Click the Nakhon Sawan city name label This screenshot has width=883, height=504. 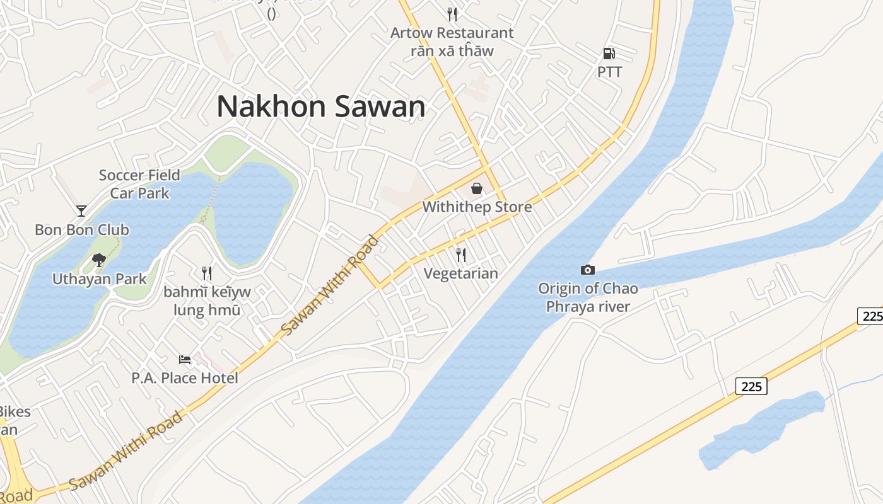point(321,106)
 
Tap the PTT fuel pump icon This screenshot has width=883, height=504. point(609,54)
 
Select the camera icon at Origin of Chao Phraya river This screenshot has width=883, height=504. point(588,270)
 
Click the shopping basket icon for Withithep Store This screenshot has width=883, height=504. point(477,188)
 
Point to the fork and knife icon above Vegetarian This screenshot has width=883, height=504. point(461,255)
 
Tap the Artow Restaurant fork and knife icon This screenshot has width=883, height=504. point(452,14)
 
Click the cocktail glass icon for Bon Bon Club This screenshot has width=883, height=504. point(81,210)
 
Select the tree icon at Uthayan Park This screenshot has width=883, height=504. point(98,260)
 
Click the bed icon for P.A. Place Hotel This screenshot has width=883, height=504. point(185,359)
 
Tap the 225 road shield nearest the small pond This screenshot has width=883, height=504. point(751,386)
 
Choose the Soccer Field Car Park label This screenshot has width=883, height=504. point(139,184)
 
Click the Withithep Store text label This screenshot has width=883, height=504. point(477,207)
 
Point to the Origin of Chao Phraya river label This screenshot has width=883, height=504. point(588,297)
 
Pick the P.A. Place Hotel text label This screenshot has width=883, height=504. point(185,378)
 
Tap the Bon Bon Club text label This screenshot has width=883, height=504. point(82,229)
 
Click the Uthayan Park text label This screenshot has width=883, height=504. point(99,278)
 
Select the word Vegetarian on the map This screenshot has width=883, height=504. point(461,273)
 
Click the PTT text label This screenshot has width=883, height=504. point(609,72)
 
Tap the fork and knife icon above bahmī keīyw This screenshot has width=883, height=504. point(206,273)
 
